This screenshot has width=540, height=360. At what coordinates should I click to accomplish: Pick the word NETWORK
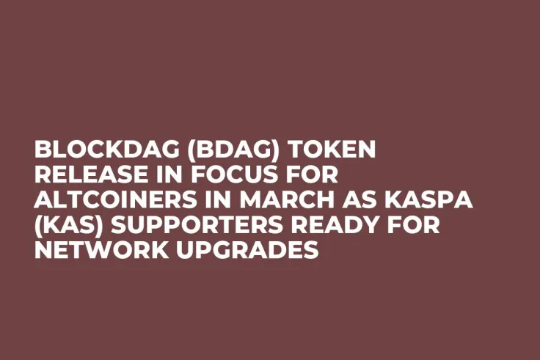tap(91, 251)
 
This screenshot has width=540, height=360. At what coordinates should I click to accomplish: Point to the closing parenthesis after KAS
tap(102, 227)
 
